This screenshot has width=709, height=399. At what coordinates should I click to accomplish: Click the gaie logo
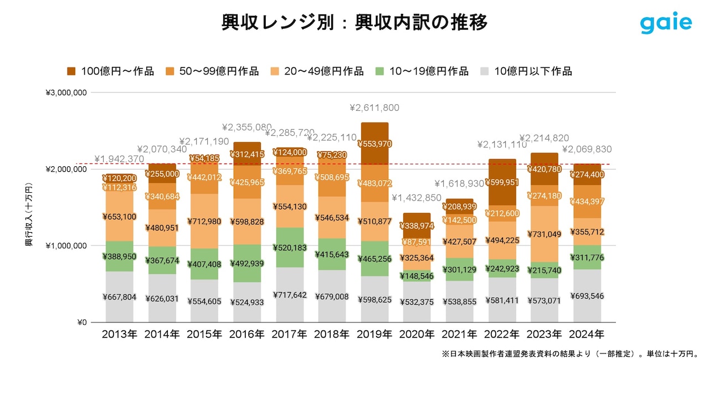[666, 23]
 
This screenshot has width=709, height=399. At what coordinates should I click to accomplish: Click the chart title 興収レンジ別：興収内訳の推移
[354, 23]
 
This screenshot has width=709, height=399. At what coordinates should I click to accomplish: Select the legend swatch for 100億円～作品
[71, 71]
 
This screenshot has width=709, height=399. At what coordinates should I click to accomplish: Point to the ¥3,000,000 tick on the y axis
[66, 93]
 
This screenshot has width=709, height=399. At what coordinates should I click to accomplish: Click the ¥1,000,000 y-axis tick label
[66, 245]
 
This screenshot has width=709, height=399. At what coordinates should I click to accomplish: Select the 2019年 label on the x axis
[374, 335]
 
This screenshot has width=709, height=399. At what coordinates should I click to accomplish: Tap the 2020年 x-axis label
[417, 335]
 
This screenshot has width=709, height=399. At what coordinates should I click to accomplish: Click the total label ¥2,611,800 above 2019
[374, 108]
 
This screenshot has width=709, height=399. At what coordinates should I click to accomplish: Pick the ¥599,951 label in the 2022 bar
[502, 183]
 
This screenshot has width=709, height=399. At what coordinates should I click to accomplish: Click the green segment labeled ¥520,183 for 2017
[290, 248]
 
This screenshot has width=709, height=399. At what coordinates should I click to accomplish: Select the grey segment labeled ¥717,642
[290, 295]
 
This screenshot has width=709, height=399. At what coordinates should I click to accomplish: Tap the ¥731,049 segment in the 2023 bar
[544, 234]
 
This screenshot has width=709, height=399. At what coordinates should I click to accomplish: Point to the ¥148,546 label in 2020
[417, 275]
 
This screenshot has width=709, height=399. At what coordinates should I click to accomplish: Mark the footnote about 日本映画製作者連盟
[571, 354]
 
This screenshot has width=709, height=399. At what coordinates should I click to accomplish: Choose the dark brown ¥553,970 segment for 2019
[374, 144]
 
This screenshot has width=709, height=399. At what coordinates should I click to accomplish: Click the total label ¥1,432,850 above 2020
[417, 198]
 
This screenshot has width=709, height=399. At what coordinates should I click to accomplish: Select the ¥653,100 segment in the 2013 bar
[119, 217]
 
